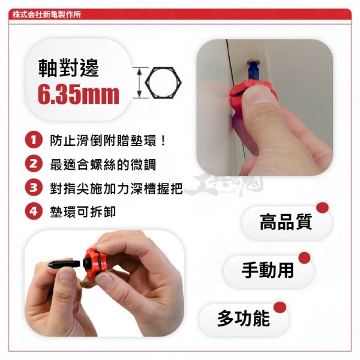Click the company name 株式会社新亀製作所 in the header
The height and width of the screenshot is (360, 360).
pos(47,14)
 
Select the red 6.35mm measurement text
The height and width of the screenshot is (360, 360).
pos(79,94)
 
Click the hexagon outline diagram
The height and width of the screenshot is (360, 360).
pos(163,83)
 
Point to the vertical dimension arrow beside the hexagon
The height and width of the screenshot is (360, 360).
pos(139,83)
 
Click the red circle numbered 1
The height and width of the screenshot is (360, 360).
pos(34,140)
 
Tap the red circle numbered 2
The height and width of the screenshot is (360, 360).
pos(34,164)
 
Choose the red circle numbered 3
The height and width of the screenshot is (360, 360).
pos(34,188)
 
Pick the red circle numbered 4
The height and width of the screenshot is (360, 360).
pos(34,211)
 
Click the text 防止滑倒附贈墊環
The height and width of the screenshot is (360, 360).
pos(103,140)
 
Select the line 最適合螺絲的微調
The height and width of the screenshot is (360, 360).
pos(103,164)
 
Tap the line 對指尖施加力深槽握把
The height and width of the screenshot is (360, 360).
pos(116,188)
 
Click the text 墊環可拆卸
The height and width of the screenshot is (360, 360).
pos(83,212)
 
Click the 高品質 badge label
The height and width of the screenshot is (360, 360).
pos(286,222)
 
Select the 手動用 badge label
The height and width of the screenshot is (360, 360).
pos(268,270)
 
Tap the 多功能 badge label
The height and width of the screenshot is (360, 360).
pos(244,318)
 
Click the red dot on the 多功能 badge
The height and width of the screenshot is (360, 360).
pos(280,307)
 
